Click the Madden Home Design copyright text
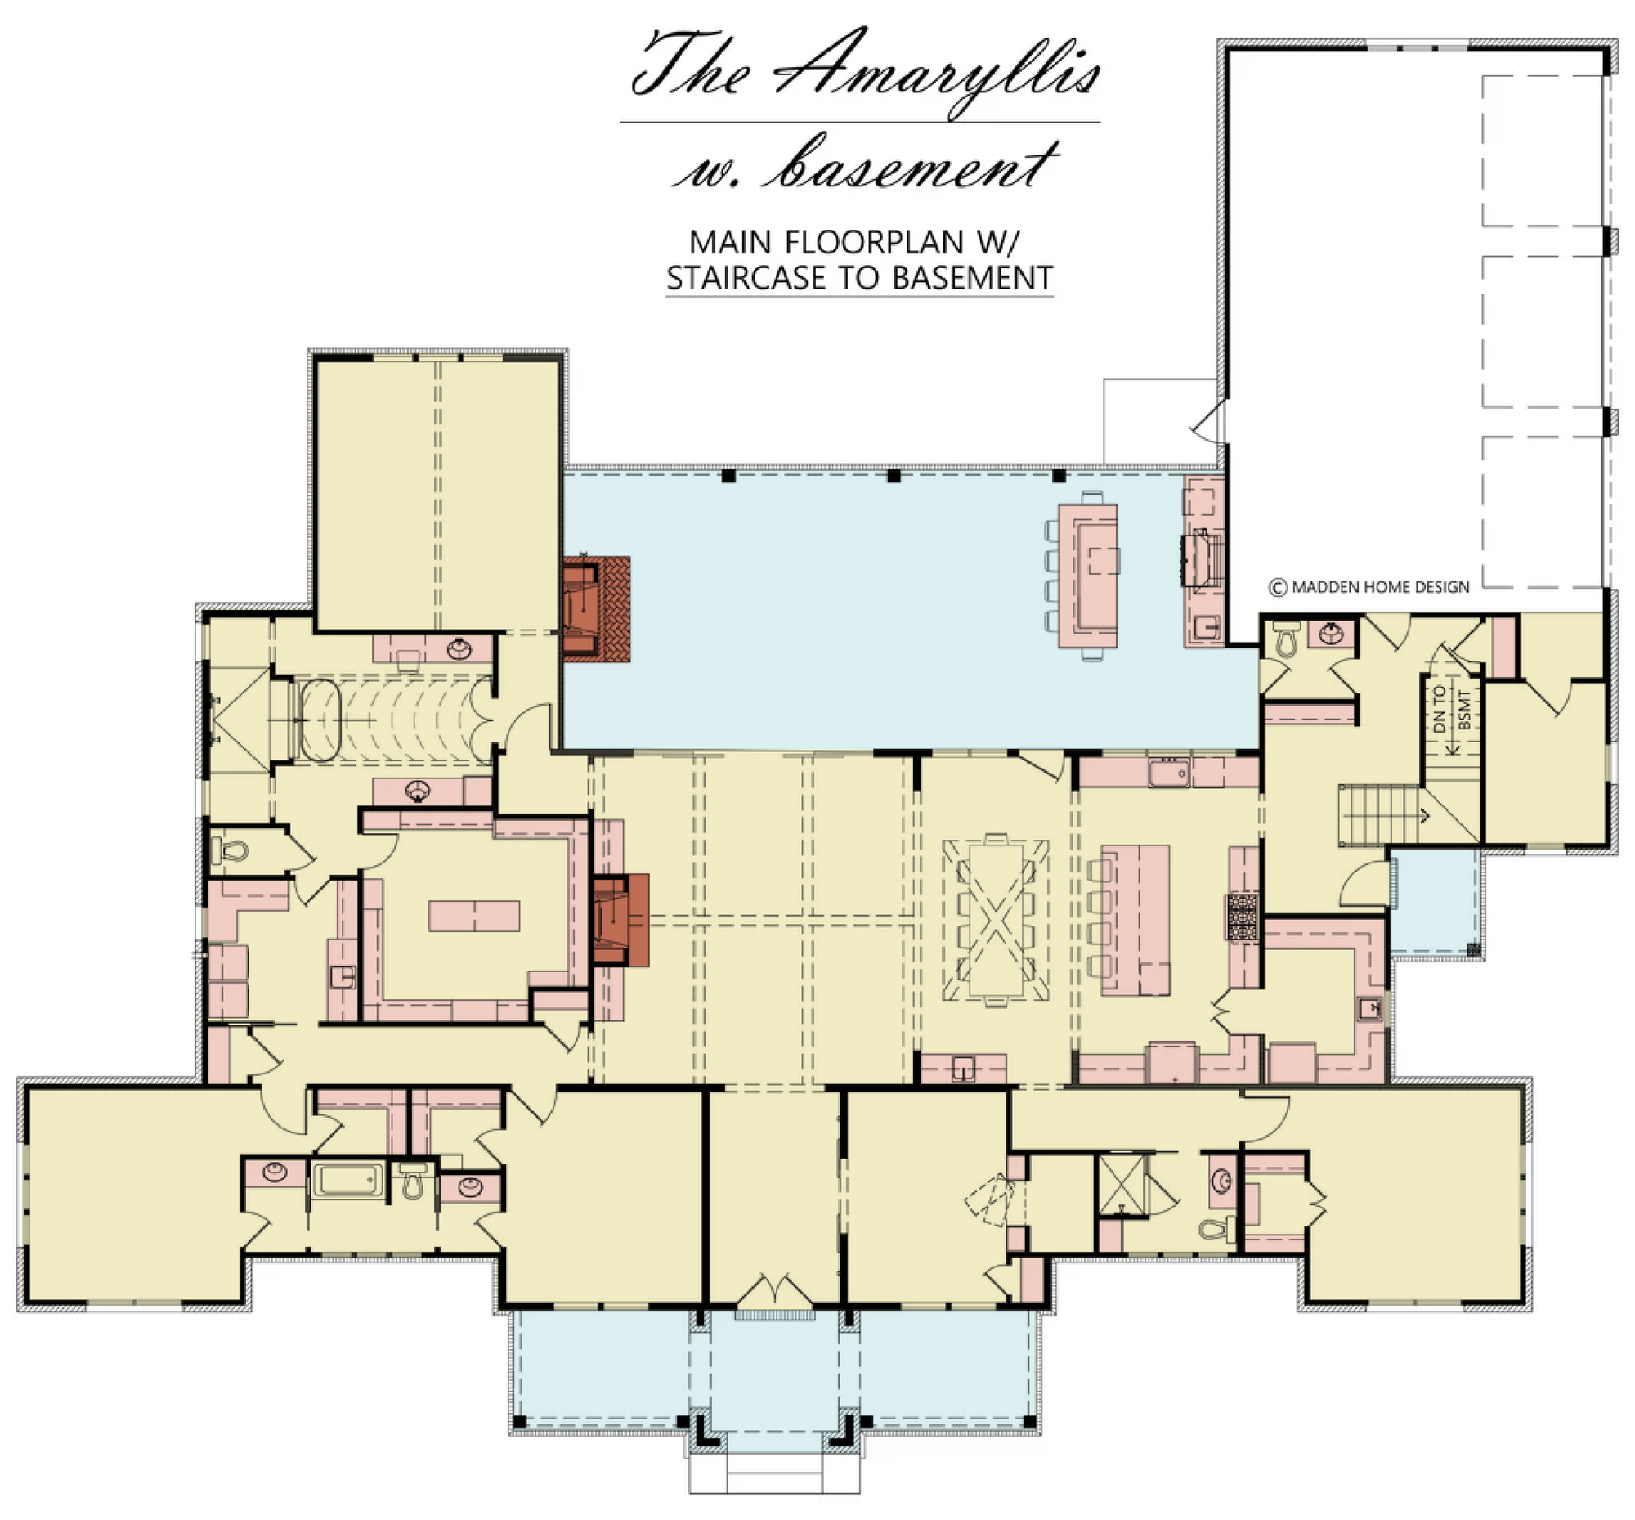1369,587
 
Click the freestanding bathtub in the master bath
320,720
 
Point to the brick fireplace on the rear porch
596,608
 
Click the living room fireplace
620,920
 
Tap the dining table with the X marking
996,919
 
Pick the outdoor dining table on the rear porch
1087,576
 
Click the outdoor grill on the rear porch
1202,559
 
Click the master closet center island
473,917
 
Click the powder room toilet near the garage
1285,639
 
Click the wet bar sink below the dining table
962,1069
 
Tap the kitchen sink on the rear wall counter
1169,773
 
